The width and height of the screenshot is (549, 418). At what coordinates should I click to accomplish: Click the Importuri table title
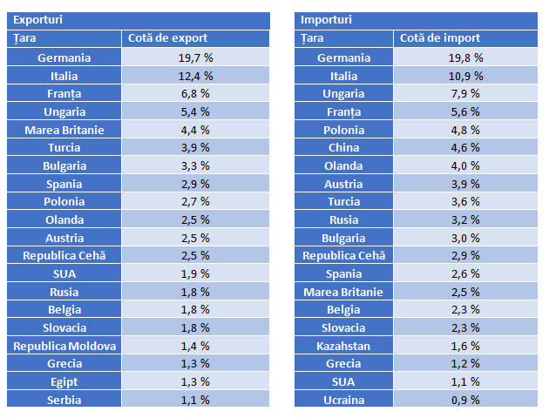pos(327,19)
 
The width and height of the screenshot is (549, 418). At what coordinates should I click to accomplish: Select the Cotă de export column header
pos(168,38)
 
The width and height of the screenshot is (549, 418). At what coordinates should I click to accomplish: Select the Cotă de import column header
pos(440,38)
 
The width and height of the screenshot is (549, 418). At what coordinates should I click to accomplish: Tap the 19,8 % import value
pos(465,57)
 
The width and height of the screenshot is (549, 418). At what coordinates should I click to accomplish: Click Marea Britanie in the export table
pos(64,130)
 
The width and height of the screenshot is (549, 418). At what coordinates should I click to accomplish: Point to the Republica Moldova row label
pos(64,345)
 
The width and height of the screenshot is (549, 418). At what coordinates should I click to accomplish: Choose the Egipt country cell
pos(64,381)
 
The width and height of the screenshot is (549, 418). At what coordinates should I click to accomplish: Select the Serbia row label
pos(64,400)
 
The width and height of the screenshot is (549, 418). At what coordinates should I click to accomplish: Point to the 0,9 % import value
pos(465,400)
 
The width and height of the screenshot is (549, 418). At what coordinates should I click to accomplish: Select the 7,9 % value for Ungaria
pos(465,93)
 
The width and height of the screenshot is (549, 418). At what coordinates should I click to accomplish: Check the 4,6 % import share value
pos(465,147)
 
